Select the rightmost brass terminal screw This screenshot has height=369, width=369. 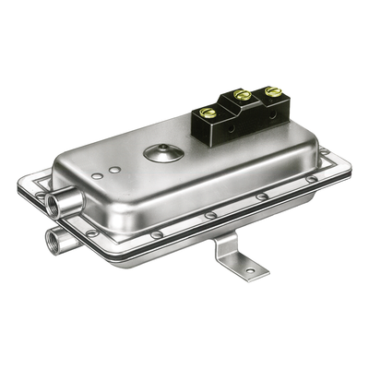[x=273, y=92]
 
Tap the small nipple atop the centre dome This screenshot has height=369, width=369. [x=163, y=146]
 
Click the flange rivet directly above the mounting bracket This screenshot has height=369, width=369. [x=211, y=215]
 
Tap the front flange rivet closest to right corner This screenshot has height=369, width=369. [x=313, y=179]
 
